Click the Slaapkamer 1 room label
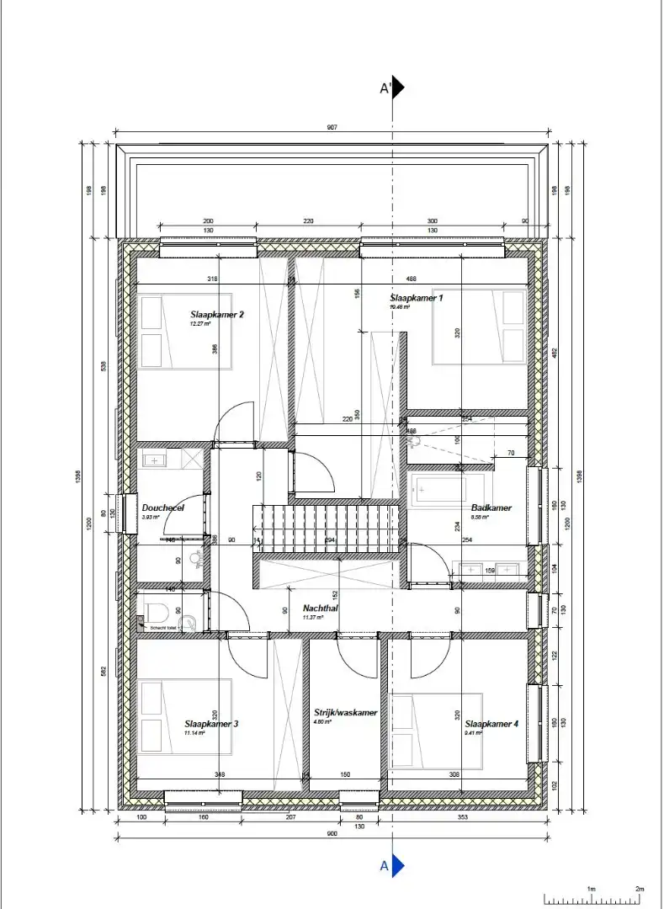[x=416, y=298]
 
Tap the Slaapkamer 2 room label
[x=216, y=315]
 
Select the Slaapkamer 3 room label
[x=211, y=724]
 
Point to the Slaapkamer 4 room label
[x=491, y=724]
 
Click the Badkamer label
[x=491, y=508]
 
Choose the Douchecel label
[x=162, y=508]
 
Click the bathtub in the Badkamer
[x=447, y=488]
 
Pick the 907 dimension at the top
[x=332, y=127]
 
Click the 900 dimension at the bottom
[x=332, y=834]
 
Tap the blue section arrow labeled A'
[x=399, y=88]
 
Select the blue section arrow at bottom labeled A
[x=399, y=865]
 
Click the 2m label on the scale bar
[x=639, y=889]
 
